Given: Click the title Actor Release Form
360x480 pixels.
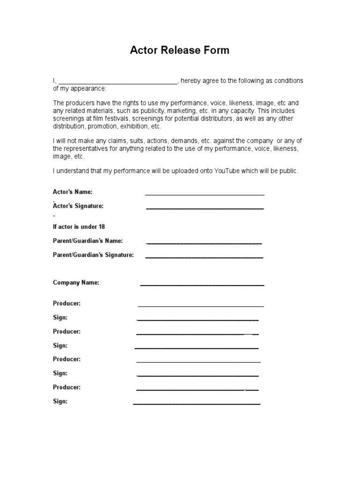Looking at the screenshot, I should (x=180, y=50).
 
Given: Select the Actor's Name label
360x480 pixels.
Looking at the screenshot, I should (x=73, y=192).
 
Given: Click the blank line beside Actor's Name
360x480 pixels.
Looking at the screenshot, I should (x=204, y=193).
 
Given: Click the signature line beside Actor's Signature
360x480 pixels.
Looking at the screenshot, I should (x=205, y=208).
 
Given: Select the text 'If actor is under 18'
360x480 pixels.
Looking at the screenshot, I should (x=79, y=227).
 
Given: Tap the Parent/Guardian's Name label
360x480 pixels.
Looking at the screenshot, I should (x=88, y=241).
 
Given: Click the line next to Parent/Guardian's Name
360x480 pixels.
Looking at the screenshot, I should (x=204, y=243).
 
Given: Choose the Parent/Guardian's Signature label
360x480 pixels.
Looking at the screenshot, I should (x=93, y=255).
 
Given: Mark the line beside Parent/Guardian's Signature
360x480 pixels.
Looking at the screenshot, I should (x=204, y=257).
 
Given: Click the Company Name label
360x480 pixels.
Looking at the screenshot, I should (x=76, y=283).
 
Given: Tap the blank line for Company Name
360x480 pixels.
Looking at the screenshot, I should (x=202, y=285).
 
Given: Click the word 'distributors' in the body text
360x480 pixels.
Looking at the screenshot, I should (x=250, y=119).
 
